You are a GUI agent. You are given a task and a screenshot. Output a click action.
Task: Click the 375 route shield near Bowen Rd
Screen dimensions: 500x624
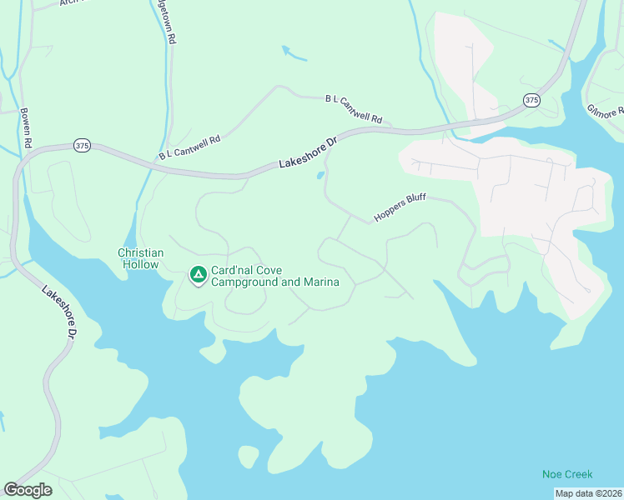click(x=81, y=145)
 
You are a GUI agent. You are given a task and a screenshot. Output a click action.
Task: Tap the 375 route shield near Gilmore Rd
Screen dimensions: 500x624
click(x=532, y=100)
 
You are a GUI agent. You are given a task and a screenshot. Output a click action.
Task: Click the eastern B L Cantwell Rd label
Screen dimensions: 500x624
click(x=353, y=109)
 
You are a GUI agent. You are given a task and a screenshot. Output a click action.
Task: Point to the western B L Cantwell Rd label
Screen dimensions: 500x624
click(x=189, y=145)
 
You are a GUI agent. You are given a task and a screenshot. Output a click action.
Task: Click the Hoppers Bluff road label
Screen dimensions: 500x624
click(x=400, y=208)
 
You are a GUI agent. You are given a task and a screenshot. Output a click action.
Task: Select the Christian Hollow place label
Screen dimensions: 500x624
click(x=140, y=257)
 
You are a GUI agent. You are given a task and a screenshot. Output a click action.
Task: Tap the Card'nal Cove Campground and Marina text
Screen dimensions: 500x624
click(x=274, y=276)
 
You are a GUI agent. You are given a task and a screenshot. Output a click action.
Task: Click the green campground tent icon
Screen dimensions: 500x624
click(x=198, y=274)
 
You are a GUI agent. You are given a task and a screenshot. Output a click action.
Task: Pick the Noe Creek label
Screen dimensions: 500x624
click(x=567, y=474)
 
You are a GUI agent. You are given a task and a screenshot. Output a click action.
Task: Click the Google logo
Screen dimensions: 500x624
click(x=28, y=490)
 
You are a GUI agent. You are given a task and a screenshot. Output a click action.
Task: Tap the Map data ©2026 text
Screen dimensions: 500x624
click(x=588, y=493)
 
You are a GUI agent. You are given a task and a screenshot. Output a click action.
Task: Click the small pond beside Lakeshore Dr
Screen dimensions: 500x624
click(x=320, y=175)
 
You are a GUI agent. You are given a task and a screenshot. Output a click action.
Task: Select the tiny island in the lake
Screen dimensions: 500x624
click(x=248, y=457)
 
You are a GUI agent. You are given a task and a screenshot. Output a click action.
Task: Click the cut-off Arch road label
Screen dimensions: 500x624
click(x=68, y=2)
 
